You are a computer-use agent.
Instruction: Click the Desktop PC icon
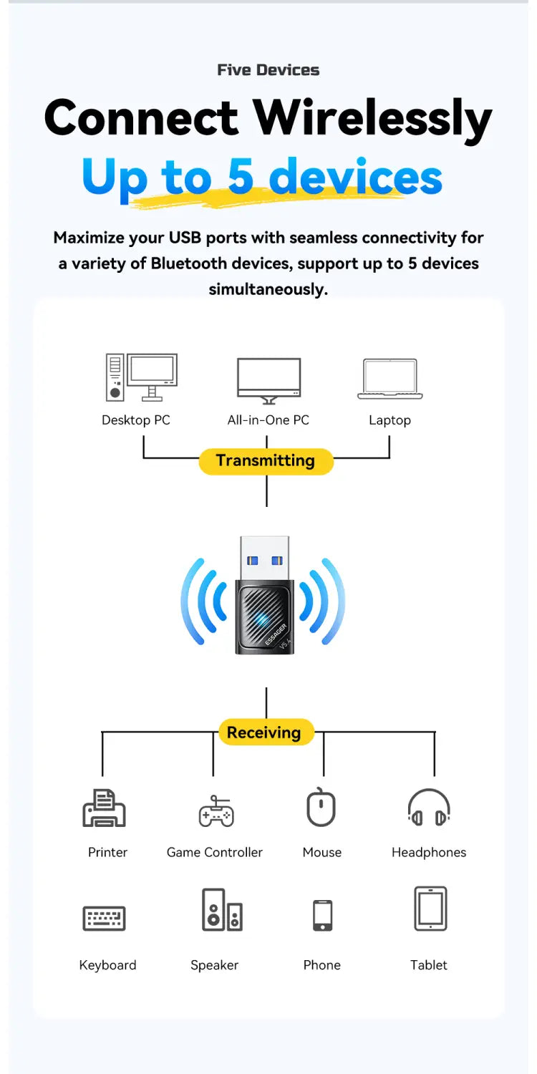142,377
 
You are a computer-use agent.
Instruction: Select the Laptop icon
390,379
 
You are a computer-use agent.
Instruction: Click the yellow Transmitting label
266,461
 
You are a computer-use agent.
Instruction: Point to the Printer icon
104,808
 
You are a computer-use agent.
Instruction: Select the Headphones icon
429,808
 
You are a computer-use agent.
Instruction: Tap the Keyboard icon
104,918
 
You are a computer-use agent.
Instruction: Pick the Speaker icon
222,909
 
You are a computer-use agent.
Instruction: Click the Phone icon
322,915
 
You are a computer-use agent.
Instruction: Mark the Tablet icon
430,909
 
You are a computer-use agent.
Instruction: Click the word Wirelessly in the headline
372,118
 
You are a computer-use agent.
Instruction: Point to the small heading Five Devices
268,70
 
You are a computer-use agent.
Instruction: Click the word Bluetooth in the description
188,263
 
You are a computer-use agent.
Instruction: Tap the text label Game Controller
215,852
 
